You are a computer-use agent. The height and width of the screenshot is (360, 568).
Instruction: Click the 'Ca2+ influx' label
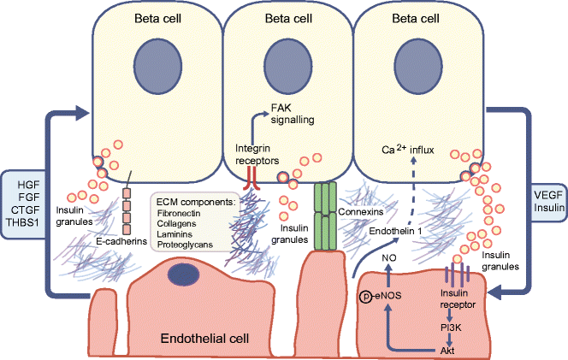408,150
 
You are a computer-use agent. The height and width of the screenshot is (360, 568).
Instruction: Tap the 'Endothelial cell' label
205,339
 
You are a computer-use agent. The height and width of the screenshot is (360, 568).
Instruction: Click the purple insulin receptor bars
456,276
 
